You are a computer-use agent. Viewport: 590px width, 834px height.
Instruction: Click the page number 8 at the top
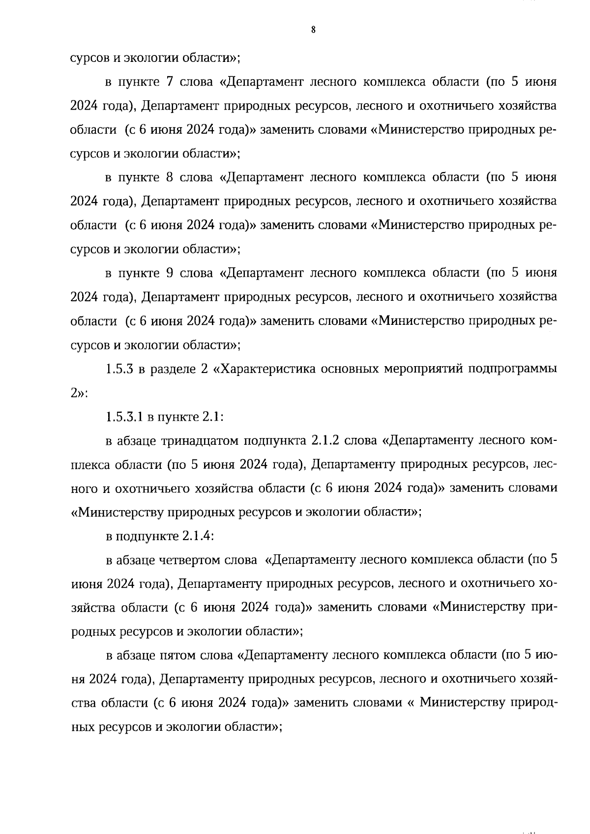pos(313,30)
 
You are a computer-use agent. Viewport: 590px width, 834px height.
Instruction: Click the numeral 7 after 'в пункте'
pos(169,82)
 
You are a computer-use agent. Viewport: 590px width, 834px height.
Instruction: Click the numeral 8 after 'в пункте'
pos(169,177)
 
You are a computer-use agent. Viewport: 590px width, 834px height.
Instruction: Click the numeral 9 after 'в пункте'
pos(169,273)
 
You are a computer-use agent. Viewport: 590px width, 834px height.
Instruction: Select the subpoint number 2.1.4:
pos(198,536)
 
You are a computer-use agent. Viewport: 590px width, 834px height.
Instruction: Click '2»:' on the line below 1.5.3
pos(79,393)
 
